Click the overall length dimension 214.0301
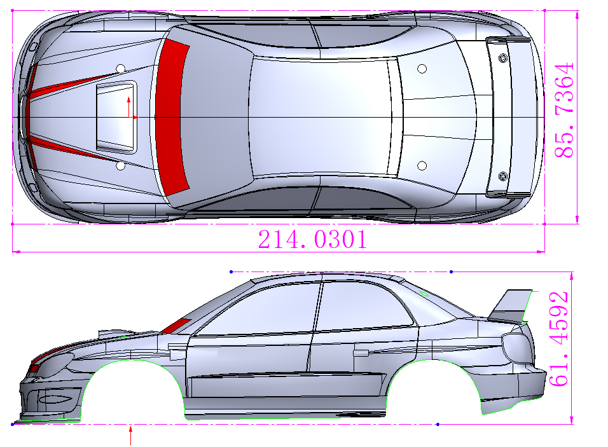pos(312,240)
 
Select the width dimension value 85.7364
pos(565,110)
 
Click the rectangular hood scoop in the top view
pos(116,117)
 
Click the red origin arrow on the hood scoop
pos(130,108)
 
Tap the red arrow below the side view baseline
pos(131,436)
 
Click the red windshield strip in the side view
pos(177,325)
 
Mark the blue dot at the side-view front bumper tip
pos(13,423)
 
